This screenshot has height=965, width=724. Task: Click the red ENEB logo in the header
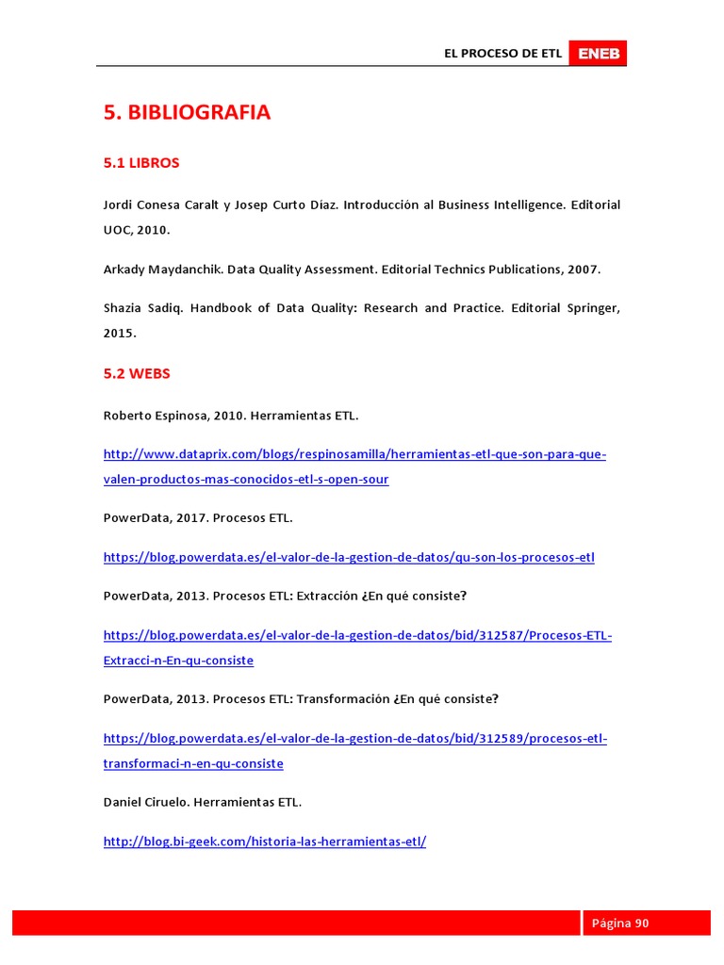(x=598, y=54)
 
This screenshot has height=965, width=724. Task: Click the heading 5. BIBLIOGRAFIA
(x=187, y=112)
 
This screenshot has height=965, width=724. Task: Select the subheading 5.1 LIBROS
(x=141, y=163)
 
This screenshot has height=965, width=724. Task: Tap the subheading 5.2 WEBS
(x=137, y=373)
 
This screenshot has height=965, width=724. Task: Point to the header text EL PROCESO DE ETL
(x=502, y=54)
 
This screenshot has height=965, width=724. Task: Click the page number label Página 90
(x=620, y=923)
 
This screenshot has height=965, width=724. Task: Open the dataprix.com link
(x=354, y=455)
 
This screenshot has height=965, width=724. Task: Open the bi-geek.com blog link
(x=264, y=841)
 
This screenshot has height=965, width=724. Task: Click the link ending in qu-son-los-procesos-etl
(x=349, y=557)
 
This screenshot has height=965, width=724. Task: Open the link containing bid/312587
(x=357, y=636)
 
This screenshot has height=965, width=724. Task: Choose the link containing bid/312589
(x=355, y=738)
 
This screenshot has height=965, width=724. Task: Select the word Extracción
(x=330, y=597)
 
